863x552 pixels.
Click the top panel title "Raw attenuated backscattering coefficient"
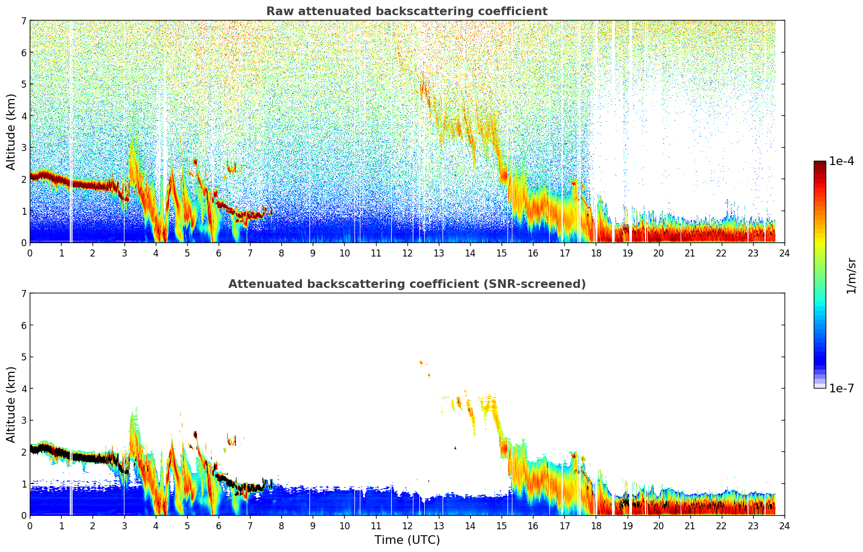[406, 11]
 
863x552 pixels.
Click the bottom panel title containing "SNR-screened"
[406, 284]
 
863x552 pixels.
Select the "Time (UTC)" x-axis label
[407, 540]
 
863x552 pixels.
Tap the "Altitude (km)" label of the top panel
[11, 132]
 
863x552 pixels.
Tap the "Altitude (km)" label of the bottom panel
[11, 404]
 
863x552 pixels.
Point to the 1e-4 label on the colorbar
[841, 161]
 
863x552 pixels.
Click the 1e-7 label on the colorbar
[841, 388]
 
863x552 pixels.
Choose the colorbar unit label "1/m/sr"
[851, 275]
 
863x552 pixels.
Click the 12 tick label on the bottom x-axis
[407, 525]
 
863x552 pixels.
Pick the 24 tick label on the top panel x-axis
[784, 253]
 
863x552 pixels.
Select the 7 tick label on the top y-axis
[23, 21]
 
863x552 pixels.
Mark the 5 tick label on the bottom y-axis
[23, 357]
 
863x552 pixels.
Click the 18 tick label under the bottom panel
[596, 525]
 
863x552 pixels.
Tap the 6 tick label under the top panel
[219, 253]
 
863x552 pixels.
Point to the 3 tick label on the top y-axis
[23, 148]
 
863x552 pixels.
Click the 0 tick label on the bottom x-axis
[30, 525]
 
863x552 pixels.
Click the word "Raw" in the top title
[280, 11]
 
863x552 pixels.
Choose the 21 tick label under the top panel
[690, 253]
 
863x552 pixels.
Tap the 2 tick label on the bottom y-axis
[23, 452]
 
